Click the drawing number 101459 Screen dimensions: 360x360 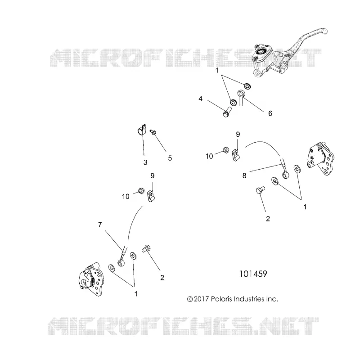253,274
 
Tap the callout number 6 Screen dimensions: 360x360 270,113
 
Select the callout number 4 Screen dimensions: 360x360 200,99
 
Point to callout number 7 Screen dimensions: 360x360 100,225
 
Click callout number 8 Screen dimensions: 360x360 244,175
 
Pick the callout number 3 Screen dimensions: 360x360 145,162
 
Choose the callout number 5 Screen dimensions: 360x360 170,158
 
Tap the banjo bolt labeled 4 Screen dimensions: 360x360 227,111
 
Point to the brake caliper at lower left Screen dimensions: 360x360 91,279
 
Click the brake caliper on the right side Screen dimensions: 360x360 320,159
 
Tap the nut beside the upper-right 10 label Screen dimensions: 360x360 226,151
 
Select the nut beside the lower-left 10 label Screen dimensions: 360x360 141,190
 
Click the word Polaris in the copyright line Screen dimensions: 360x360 222,299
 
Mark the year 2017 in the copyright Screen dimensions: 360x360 201,299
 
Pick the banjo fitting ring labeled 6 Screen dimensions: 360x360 241,94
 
